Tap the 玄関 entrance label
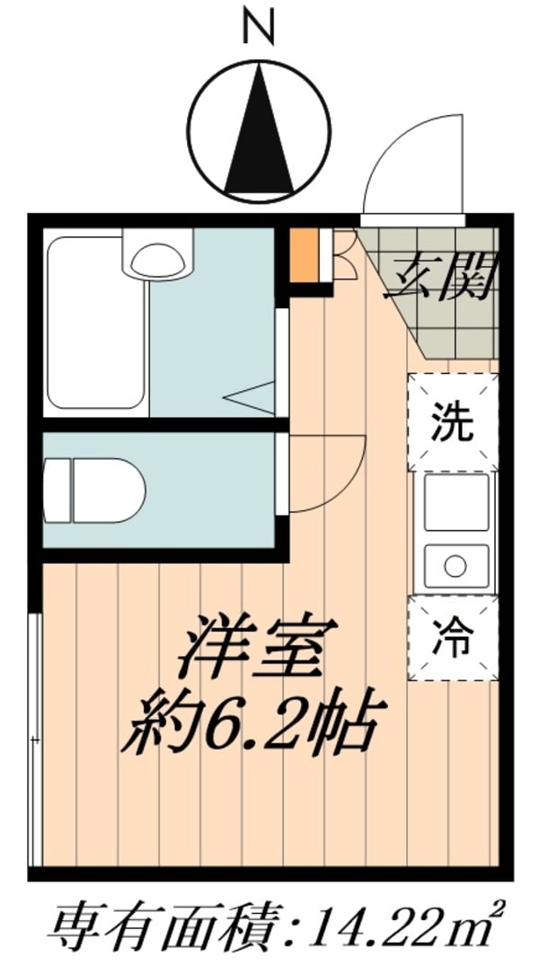[440, 279]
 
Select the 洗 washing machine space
[452, 422]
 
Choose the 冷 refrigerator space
[452, 637]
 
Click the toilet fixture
[94, 489]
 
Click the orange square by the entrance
[304, 257]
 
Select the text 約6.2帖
[252, 719]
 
